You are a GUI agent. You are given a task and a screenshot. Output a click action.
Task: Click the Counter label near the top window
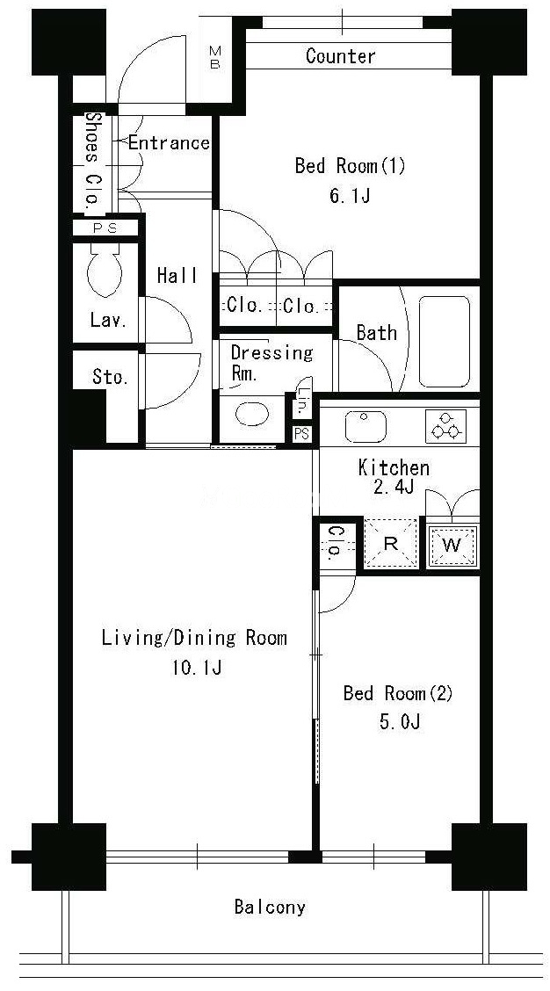point(340,55)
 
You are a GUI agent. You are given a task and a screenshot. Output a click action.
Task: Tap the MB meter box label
point(215,57)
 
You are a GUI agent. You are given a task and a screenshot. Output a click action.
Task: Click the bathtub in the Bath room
point(445,341)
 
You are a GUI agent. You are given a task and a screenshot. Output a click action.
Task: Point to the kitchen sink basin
point(365,426)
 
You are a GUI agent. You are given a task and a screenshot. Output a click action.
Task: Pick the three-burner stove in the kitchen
point(445,426)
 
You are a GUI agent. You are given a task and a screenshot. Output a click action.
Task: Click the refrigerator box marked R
point(391,544)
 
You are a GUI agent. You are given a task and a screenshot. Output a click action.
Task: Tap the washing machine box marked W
point(452,545)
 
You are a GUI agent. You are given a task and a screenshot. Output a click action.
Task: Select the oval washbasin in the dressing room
point(251,415)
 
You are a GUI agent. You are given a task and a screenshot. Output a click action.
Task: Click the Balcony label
point(270,908)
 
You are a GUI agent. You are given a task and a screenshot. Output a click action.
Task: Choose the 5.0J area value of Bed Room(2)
point(400,722)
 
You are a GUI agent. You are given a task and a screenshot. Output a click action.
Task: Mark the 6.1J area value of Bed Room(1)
point(349,196)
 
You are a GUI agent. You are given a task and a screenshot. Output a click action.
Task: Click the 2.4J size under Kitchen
point(393,488)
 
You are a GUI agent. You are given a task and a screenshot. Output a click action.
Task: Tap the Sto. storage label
point(111,377)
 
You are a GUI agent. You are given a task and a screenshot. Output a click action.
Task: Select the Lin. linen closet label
point(304,402)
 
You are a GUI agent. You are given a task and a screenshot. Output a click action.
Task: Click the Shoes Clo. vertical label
point(93,160)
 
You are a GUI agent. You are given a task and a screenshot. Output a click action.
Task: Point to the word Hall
point(177,276)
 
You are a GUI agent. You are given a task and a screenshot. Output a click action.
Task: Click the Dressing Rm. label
point(271,361)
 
